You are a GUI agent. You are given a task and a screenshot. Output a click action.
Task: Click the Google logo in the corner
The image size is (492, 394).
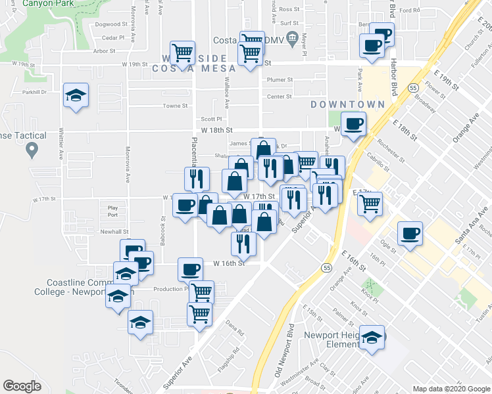22,386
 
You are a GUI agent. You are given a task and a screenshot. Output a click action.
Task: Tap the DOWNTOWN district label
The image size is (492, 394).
347,105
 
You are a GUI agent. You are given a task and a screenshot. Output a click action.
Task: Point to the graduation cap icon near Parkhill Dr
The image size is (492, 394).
76,96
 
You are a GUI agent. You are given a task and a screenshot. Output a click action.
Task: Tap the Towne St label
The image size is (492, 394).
175,106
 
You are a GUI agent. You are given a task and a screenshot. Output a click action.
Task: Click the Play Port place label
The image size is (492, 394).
112,211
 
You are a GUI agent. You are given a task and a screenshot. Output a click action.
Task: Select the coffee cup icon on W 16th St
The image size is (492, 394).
191,269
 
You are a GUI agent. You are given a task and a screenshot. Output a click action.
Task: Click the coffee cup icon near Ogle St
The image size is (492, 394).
410,233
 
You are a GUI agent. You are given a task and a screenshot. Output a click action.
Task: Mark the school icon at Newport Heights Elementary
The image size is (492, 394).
373,338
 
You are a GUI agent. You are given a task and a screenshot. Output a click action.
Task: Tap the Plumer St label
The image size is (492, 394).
279,80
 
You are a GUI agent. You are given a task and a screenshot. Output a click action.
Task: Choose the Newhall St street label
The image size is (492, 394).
114,232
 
